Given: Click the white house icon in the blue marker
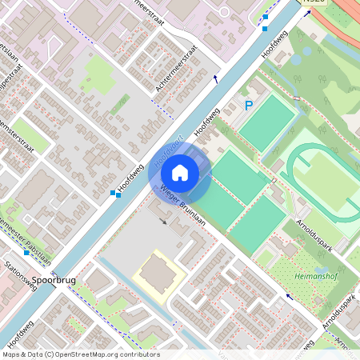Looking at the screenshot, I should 180,172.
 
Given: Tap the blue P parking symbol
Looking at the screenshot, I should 249,105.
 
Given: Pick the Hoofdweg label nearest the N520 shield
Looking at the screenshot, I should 274,47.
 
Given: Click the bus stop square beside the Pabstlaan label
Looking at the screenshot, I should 26,253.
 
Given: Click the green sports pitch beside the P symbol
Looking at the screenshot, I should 267,122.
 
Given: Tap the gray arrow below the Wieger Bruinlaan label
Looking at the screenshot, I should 165,221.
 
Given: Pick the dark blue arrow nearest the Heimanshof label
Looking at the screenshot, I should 288,296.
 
